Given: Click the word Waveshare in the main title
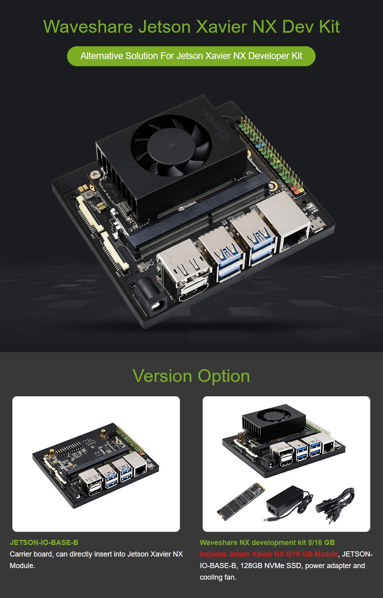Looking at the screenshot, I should point(88,27).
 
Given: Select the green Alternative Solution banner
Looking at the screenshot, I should point(191,56).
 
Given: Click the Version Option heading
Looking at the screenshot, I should point(191,376).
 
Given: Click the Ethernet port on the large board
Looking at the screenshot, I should point(294,238).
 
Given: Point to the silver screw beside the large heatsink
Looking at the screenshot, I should point(95,175).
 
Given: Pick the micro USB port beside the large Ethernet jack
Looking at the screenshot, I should point(318,226).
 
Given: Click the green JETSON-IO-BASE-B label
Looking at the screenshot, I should point(44,543).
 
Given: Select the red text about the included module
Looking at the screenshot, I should point(269,554).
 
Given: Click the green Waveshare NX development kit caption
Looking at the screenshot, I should point(267,543).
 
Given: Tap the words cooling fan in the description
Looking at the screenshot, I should point(217,577).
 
